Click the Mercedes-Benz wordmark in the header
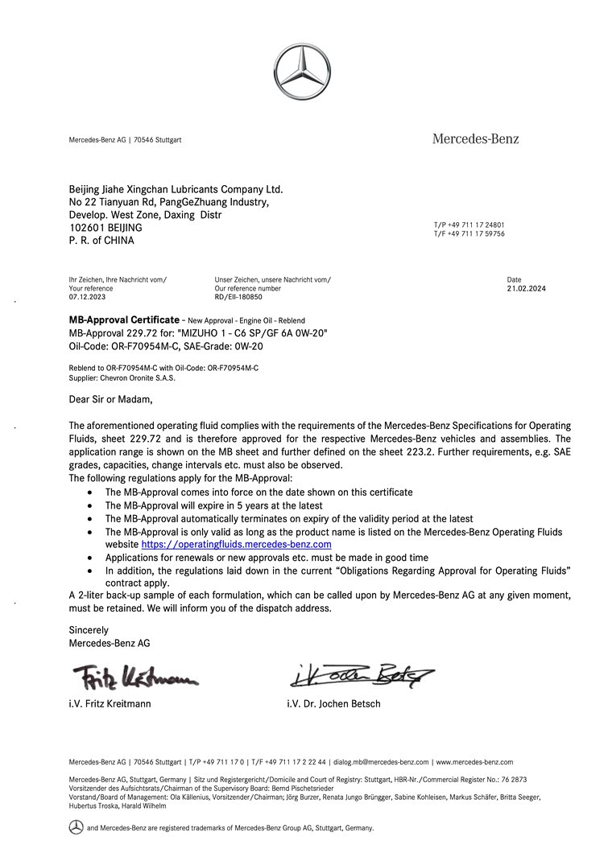point(475,139)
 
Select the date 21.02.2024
point(526,288)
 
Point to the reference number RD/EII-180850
point(238,297)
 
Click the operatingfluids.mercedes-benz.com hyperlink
point(237,545)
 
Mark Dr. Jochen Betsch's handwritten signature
point(361,674)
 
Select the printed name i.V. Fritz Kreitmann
point(110,704)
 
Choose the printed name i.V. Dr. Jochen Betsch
point(333,704)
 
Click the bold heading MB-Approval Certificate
point(124,320)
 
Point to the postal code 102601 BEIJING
point(105,228)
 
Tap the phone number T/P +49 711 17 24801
point(469,225)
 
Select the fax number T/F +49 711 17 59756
point(469,233)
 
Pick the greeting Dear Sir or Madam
point(110,398)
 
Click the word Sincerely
point(89,630)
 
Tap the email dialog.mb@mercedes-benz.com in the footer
point(381,761)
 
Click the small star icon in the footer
point(76,827)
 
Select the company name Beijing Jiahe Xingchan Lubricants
point(176,189)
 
